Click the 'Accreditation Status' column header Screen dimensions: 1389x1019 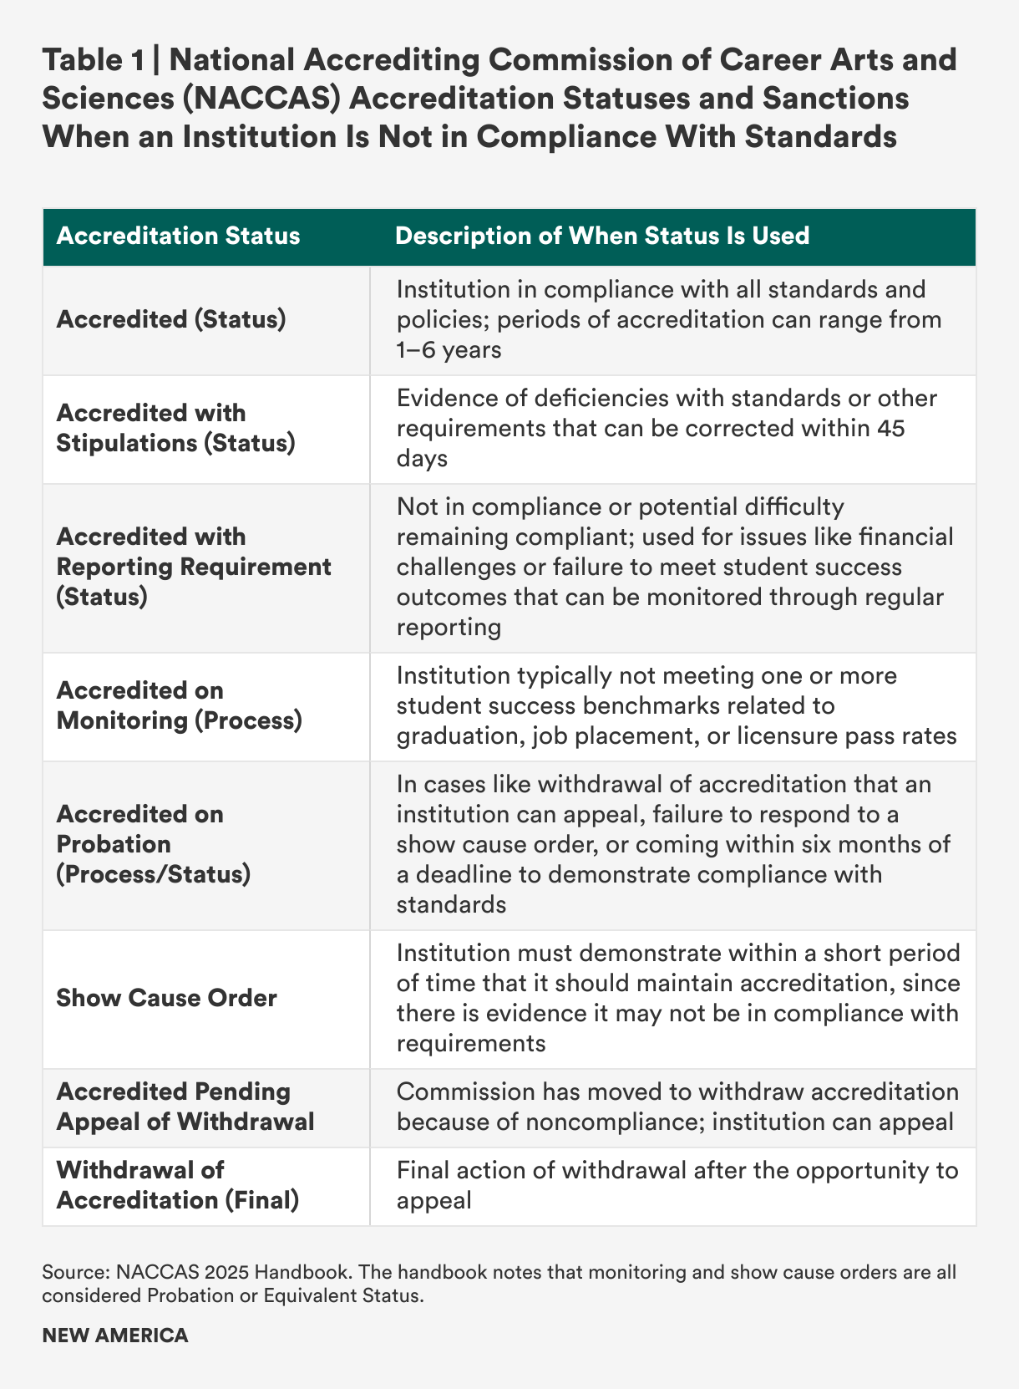point(178,236)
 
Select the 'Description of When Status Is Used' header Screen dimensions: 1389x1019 point(601,236)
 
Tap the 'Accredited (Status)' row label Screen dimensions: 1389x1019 point(171,319)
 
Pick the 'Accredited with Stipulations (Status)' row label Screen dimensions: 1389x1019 point(175,428)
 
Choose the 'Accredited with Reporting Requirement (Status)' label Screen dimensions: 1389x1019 point(194,567)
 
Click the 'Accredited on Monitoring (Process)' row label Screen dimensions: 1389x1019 point(179,705)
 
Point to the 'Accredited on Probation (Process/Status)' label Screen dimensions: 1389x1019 point(154,844)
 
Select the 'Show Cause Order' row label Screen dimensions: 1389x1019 point(166,998)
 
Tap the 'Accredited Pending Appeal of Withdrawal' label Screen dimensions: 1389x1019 point(185,1107)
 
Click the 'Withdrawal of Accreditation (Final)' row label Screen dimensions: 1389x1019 point(177,1185)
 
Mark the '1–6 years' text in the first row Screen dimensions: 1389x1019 point(449,349)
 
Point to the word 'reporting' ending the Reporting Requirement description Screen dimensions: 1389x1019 point(449,627)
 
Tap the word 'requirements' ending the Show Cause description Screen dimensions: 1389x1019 point(471,1043)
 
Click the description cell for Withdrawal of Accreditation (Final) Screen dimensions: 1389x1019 point(672,1185)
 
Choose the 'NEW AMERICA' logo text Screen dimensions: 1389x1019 point(115,1335)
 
